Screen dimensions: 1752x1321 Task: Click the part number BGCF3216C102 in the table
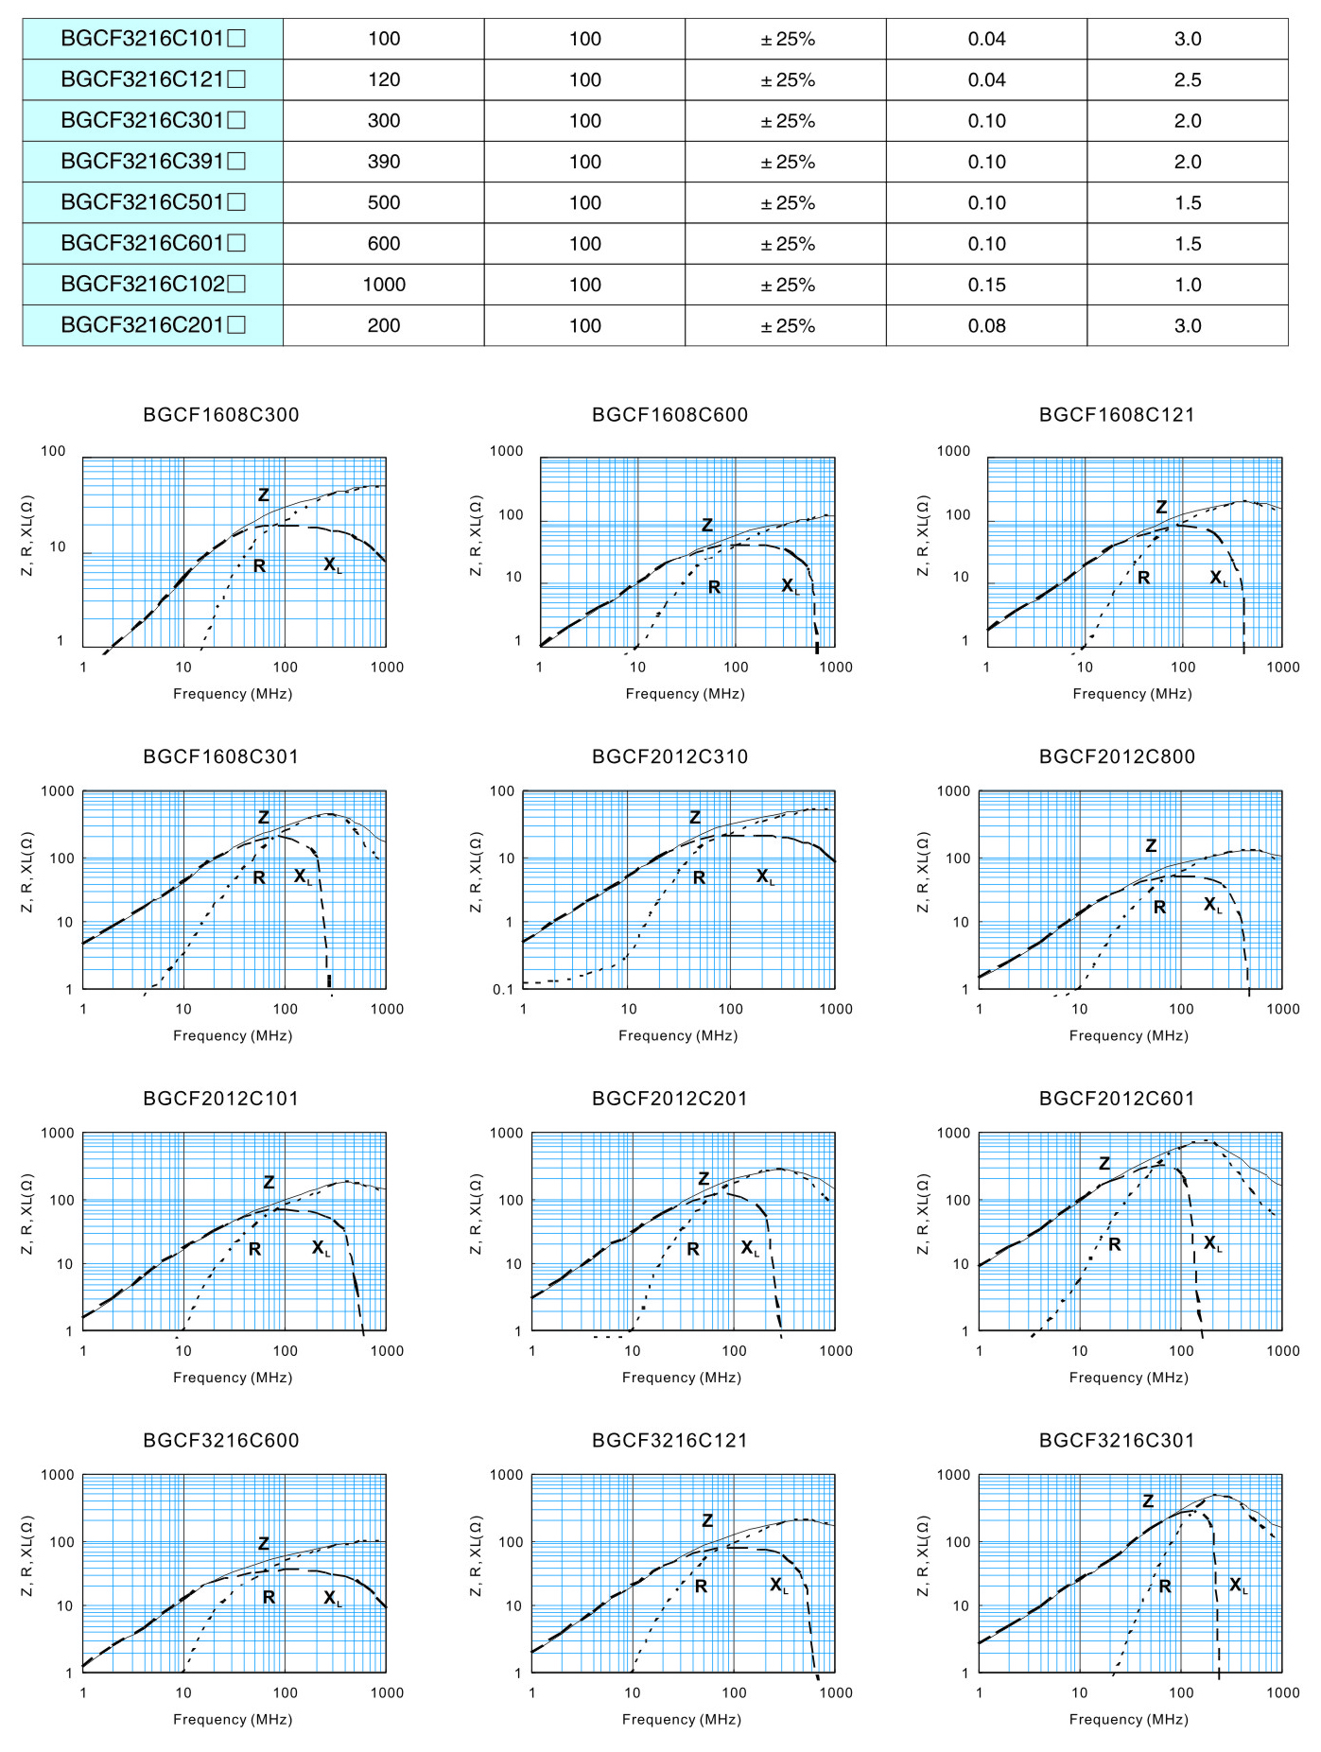pyautogui.click(x=152, y=284)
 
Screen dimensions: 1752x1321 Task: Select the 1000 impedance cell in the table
pyautogui.click(x=384, y=285)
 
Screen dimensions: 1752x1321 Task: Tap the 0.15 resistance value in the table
pyautogui.click(x=986, y=285)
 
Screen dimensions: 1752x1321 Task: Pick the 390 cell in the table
pyautogui.click(x=384, y=162)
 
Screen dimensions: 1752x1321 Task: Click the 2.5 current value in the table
pyautogui.click(x=1188, y=80)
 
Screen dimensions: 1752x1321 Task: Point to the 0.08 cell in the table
pyautogui.click(x=986, y=326)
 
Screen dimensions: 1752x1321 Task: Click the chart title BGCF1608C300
pyautogui.click(x=221, y=415)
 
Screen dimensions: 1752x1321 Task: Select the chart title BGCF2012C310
pyautogui.click(x=669, y=756)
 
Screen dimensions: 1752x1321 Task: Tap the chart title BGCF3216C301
pyautogui.click(x=1117, y=1440)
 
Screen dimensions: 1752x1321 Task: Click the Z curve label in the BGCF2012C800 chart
pyautogui.click(x=1151, y=845)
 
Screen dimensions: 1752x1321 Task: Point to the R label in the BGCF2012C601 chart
pyautogui.click(x=1115, y=1244)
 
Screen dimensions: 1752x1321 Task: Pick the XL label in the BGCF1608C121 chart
pyautogui.click(x=1219, y=578)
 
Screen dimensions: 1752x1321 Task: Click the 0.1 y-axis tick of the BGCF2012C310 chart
pyautogui.click(x=503, y=990)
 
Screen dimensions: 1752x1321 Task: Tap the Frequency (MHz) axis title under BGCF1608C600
pyautogui.click(x=685, y=694)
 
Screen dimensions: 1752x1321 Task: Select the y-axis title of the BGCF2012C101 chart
pyautogui.click(x=27, y=1214)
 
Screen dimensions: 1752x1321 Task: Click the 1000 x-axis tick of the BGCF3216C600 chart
pyautogui.click(x=387, y=1692)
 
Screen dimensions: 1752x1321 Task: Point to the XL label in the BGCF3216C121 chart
pyautogui.click(x=778, y=1585)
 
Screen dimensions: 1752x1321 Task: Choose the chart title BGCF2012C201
pyautogui.click(x=669, y=1099)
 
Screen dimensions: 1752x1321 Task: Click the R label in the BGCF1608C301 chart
pyautogui.click(x=259, y=878)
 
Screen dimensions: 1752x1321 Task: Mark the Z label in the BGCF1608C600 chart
pyautogui.click(x=706, y=525)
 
